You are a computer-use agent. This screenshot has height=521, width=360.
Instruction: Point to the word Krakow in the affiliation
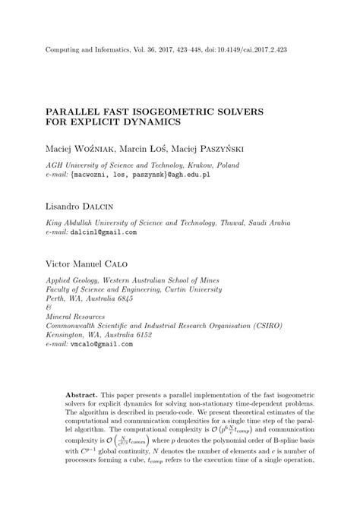(189, 165)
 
